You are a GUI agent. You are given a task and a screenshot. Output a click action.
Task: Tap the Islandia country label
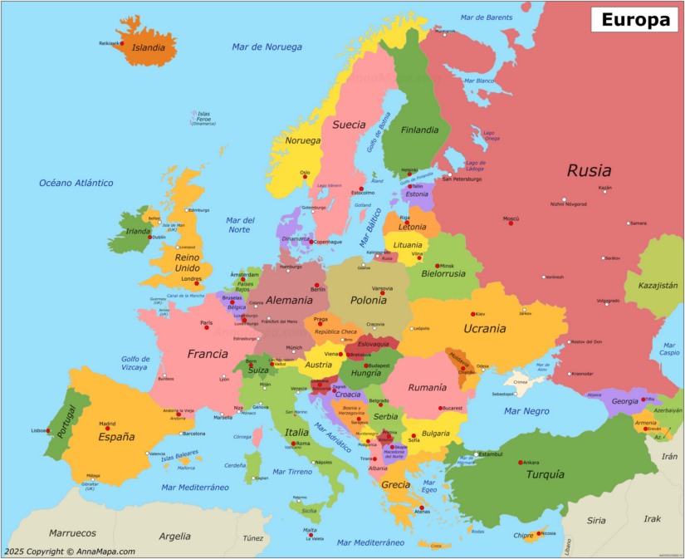point(149,47)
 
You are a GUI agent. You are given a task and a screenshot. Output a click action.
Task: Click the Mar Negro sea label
point(526,410)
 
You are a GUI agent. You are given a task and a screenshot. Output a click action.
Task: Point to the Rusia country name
point(589,171)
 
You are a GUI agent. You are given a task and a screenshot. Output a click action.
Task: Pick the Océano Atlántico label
point(76,183)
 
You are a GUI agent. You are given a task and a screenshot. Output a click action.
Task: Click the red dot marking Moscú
point(511,223)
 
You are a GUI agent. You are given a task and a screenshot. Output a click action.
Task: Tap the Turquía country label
point(545,474)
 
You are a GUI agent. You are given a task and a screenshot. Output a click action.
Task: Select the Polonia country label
point(368,300)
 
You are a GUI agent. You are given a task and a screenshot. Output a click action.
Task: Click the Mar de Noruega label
point(267,47)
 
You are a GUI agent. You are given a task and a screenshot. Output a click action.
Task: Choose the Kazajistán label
point(658,285)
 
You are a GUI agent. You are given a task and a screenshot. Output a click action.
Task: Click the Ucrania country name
point(484,328)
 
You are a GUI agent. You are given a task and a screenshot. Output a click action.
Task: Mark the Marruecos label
point(72,533)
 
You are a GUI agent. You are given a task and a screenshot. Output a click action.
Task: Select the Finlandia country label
point(420,130)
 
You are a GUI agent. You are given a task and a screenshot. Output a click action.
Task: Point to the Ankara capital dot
point(521,462)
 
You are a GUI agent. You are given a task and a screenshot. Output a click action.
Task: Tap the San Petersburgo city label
point(467,179)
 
